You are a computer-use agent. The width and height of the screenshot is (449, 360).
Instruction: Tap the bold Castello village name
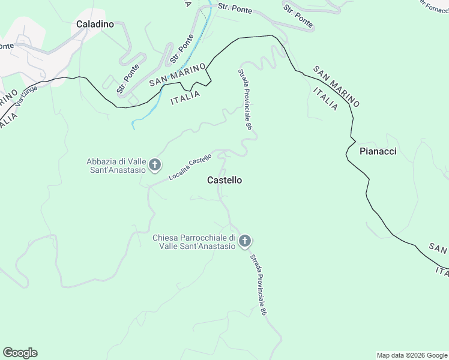click(x=224, y=180)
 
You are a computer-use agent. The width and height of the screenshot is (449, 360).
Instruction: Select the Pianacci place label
click(x=378, y=151)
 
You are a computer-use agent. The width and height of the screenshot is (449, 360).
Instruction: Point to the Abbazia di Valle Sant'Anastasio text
click(x=116, y=165)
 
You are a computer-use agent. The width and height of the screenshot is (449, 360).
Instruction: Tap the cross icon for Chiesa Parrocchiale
click(x=244, y=242)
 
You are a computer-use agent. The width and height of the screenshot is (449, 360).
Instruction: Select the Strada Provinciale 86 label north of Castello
click(x=244, y=100)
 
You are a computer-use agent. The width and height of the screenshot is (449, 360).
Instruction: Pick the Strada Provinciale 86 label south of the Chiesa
click(x=258, y=284)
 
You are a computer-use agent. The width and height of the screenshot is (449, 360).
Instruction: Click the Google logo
click(x=20, y=353)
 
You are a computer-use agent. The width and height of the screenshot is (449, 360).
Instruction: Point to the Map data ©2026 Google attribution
click(x=412, y=355)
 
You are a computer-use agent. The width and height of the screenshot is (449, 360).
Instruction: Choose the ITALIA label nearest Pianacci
click(x=325, y=98)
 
